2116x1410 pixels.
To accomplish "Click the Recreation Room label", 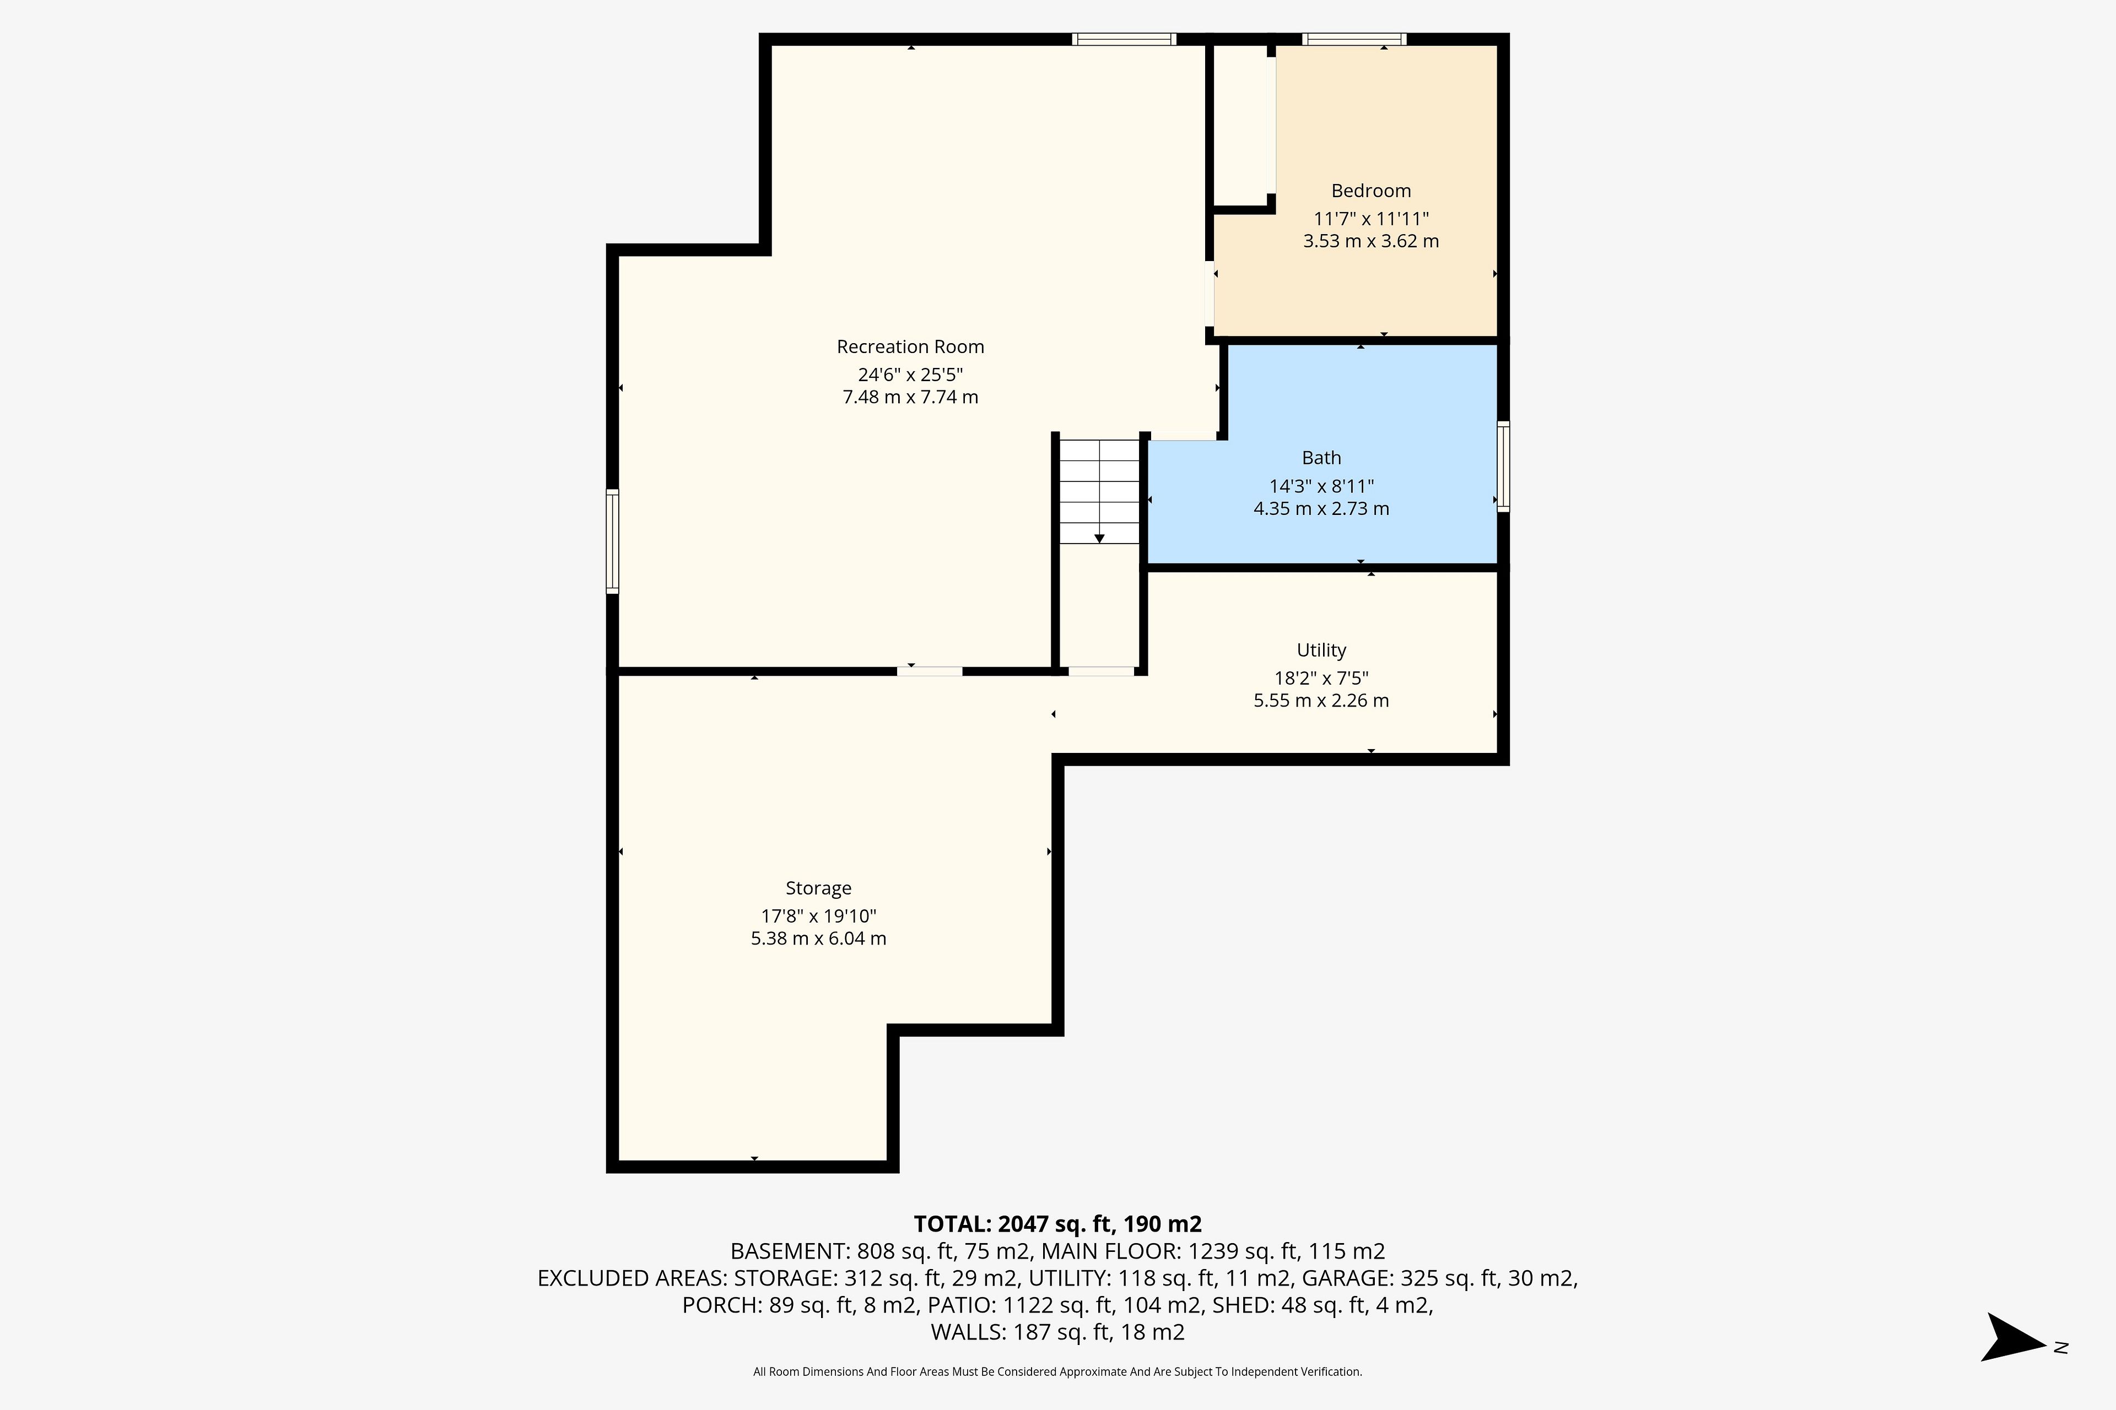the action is (910, 347).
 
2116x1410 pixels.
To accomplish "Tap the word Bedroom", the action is (1371, 191).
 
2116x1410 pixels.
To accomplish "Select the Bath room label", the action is (1321, 458).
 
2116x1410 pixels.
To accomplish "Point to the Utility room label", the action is (1321, 650).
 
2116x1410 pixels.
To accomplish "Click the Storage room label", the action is (819, 888).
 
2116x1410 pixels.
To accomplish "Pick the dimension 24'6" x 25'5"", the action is (910, 374).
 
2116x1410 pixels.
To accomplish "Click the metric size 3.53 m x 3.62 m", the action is (1371, 241).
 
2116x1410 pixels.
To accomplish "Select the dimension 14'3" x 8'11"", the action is (1321, 486).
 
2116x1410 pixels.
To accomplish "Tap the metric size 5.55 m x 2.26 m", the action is (1321, 701).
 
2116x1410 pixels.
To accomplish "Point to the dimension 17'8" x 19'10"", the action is (819, 916).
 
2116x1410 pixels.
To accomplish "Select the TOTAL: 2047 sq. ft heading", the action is (1058, 1224).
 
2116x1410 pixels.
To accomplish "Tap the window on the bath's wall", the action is (1503, 467).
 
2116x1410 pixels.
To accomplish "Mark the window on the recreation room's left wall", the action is (613, 541).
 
